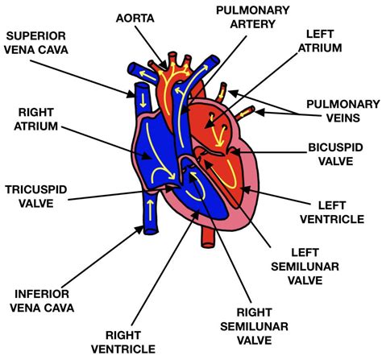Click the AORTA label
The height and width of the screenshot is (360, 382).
coord(135,19)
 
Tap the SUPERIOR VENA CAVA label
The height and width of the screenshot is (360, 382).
coord(36,43)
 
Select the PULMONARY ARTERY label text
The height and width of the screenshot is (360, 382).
coord(253,17)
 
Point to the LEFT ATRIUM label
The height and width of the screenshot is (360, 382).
coord(320,41)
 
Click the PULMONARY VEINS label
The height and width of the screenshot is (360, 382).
coord(343,111)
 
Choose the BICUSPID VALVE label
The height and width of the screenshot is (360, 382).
coord(335,155)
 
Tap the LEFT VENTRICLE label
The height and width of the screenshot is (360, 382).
coord(332,213)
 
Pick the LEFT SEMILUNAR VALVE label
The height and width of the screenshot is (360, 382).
coord(305,267)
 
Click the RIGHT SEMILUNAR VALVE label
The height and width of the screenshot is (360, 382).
coord(254,326)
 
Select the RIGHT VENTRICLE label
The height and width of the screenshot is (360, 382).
coord(123,342)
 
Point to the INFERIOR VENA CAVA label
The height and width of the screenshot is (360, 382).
coord(42,301)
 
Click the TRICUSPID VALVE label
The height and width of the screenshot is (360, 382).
coord(36,197)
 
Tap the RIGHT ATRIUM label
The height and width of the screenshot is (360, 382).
coord(36,119)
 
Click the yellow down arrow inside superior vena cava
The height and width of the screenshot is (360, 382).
coord(143,100)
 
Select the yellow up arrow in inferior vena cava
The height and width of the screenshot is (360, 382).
coord(150,209)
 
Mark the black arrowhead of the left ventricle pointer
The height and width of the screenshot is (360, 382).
coord(246,189)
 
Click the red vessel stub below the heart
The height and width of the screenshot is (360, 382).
coord(208,237)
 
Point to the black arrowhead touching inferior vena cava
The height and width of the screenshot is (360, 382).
coord(139,230)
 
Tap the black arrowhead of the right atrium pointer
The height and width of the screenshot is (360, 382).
coord(147,156)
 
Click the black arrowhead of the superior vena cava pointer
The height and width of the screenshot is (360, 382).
coord(131,94)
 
